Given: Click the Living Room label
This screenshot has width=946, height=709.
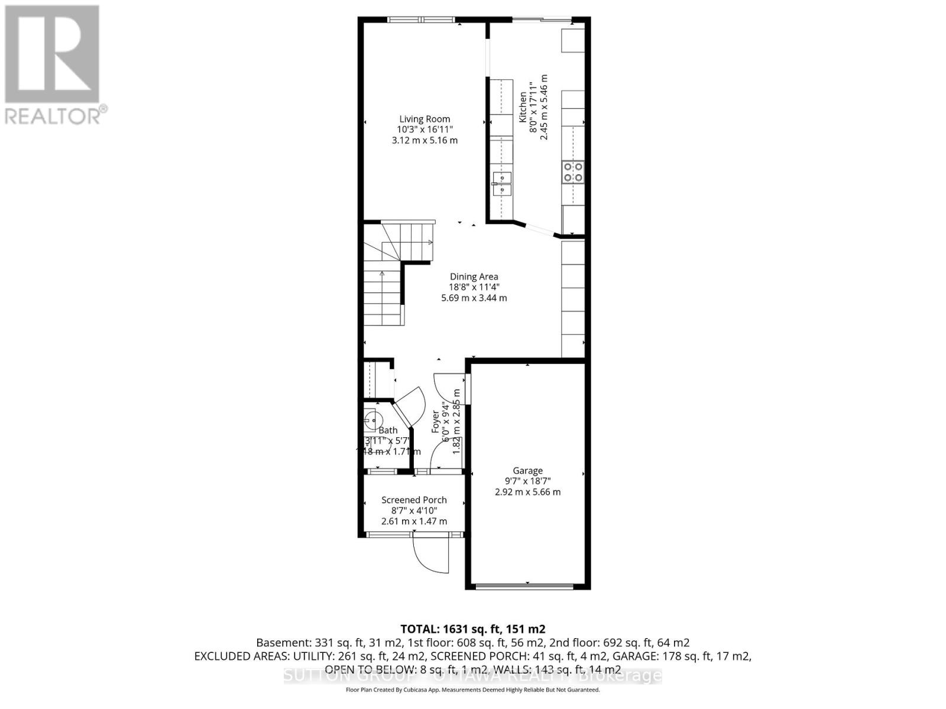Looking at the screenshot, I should coord(425,119).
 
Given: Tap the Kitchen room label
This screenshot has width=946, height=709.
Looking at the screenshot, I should coord(523,107).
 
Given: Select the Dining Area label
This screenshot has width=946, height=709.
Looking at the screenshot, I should coord(474,277).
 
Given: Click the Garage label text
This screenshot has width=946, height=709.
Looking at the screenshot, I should coord(527,471).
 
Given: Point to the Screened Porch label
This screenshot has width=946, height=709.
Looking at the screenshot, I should coord(414,500).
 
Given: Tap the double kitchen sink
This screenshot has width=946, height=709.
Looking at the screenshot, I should coord(501,183).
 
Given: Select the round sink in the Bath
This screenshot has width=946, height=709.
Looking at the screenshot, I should coord(371,421).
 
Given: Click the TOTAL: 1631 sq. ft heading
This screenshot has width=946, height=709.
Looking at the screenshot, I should coord(472,629).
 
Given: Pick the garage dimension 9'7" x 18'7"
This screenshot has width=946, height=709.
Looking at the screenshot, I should coord(527,482).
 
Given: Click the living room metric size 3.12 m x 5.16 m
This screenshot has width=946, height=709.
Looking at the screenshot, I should coord(425,141).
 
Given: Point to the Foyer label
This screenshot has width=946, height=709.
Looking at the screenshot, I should coord(436,422).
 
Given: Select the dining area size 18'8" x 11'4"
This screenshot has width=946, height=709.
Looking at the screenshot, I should coord(474,287).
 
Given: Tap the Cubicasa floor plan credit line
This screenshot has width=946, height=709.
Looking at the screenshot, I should coord(472,690).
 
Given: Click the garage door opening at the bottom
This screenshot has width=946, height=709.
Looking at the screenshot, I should coord(524,586).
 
